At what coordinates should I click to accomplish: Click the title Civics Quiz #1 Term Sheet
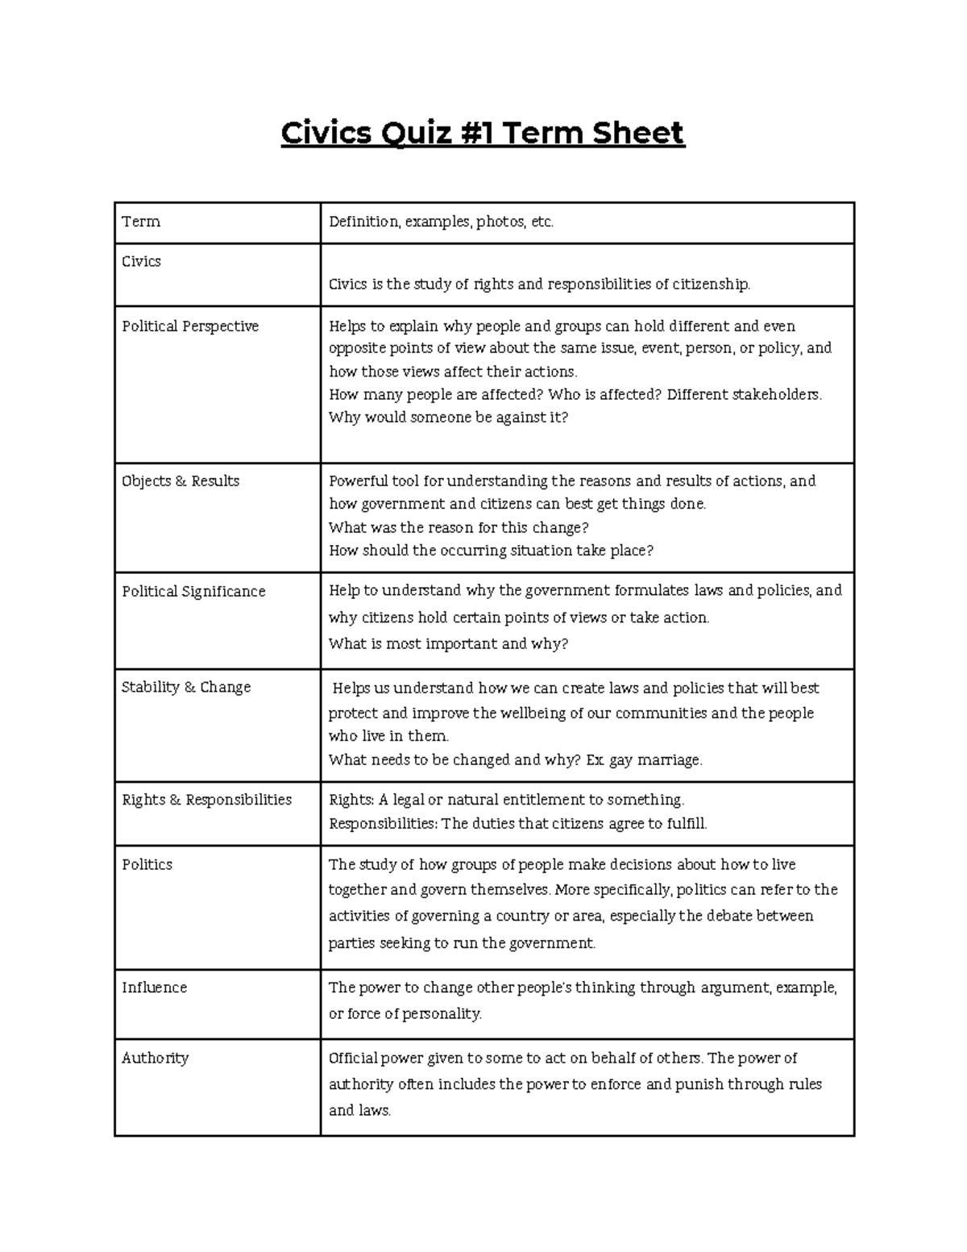point(483,133)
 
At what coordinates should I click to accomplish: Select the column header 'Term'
point(141,222)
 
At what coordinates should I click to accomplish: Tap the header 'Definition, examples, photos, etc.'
point(441,222)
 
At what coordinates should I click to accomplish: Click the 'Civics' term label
point(141,261)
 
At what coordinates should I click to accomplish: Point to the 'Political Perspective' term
point(190,327)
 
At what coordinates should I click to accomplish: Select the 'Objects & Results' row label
point(181,481)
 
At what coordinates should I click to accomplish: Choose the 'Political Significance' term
point(193,592)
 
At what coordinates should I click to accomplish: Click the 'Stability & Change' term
point(186,687)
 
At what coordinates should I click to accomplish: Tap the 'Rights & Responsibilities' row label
point(206,800)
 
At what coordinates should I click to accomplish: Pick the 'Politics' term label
point(147,864)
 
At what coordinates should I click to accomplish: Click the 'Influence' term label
point(154,988)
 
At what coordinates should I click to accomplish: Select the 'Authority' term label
point(155,1058)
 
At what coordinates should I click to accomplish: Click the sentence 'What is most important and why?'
point(448,644)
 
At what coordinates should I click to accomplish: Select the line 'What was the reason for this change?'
point(459,528)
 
